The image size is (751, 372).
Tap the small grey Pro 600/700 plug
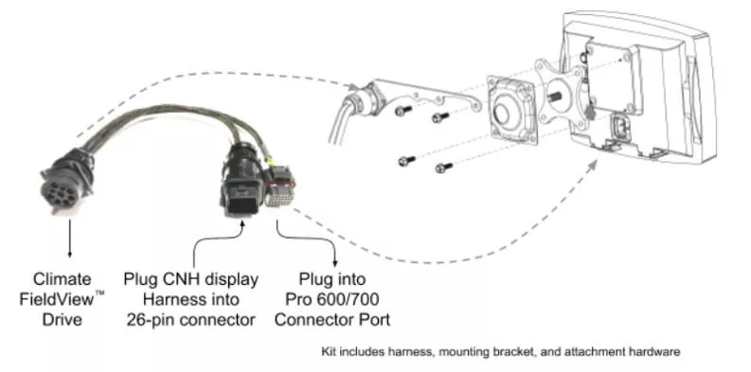[x=280, y=187]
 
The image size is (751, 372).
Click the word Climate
[x=63, y=278]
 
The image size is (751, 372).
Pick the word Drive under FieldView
[x=63, y=319]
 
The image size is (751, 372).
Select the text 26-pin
[x=153, y=320]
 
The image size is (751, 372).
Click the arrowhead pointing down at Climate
[x=70, y=255]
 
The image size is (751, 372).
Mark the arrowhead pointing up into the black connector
[x=242, y=223]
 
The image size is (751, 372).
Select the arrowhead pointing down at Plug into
[x=335, y=263]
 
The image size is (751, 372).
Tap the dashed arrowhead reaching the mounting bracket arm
[x=353, y=86]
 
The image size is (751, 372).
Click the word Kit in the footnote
[x=328, y=352]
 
